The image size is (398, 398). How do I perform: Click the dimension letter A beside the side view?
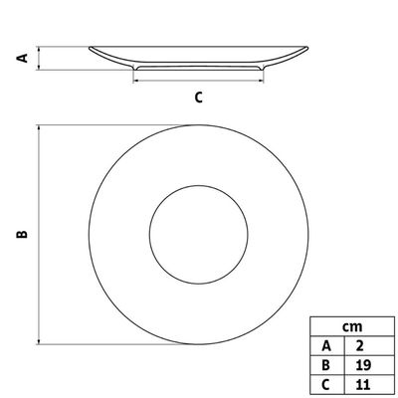[23, 58]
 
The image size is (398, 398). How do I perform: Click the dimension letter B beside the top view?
[22, 234]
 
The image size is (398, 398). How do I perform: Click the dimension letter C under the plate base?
[198, 98]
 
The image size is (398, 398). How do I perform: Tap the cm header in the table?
[352, 327]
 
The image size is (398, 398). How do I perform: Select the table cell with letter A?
[327, 346]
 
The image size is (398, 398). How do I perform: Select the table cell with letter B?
[327, 365]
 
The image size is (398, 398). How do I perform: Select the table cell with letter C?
[327, 384]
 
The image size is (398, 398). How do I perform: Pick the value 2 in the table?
[359, 346]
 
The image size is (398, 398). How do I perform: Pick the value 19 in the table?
[363, 365]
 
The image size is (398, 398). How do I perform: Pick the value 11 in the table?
[363, 384]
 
